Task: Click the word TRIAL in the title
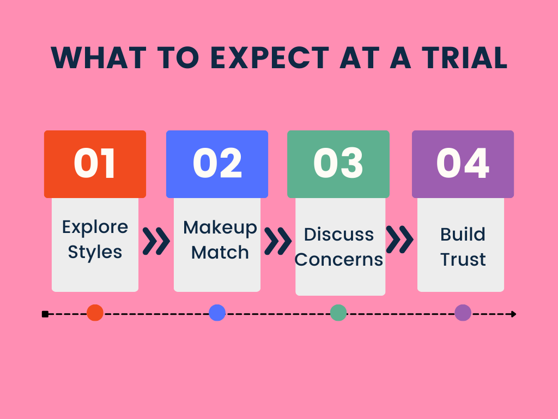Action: coord(465,58)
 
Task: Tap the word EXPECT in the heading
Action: coord(270,58)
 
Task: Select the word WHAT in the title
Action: coord(99,58)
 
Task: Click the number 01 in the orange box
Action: coord(95,164)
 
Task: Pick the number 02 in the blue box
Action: coord(217,164)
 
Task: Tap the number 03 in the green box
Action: coord(338,164)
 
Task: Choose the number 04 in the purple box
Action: coord(463,164)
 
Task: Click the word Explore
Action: coord(95,228)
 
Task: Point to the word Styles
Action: coord(95,252)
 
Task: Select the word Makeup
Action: coord(220,228)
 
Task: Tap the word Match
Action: coord(220,252)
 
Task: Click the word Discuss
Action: coord(339,235)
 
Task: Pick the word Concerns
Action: coord(339,259)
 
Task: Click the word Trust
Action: coord(463,259)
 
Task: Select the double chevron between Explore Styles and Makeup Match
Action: coord(156,241)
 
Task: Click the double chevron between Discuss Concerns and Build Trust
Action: coord(399,240)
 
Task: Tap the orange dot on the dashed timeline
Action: coord(95,313)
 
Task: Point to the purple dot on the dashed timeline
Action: coord(463,313)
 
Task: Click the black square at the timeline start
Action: coord(45,314)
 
